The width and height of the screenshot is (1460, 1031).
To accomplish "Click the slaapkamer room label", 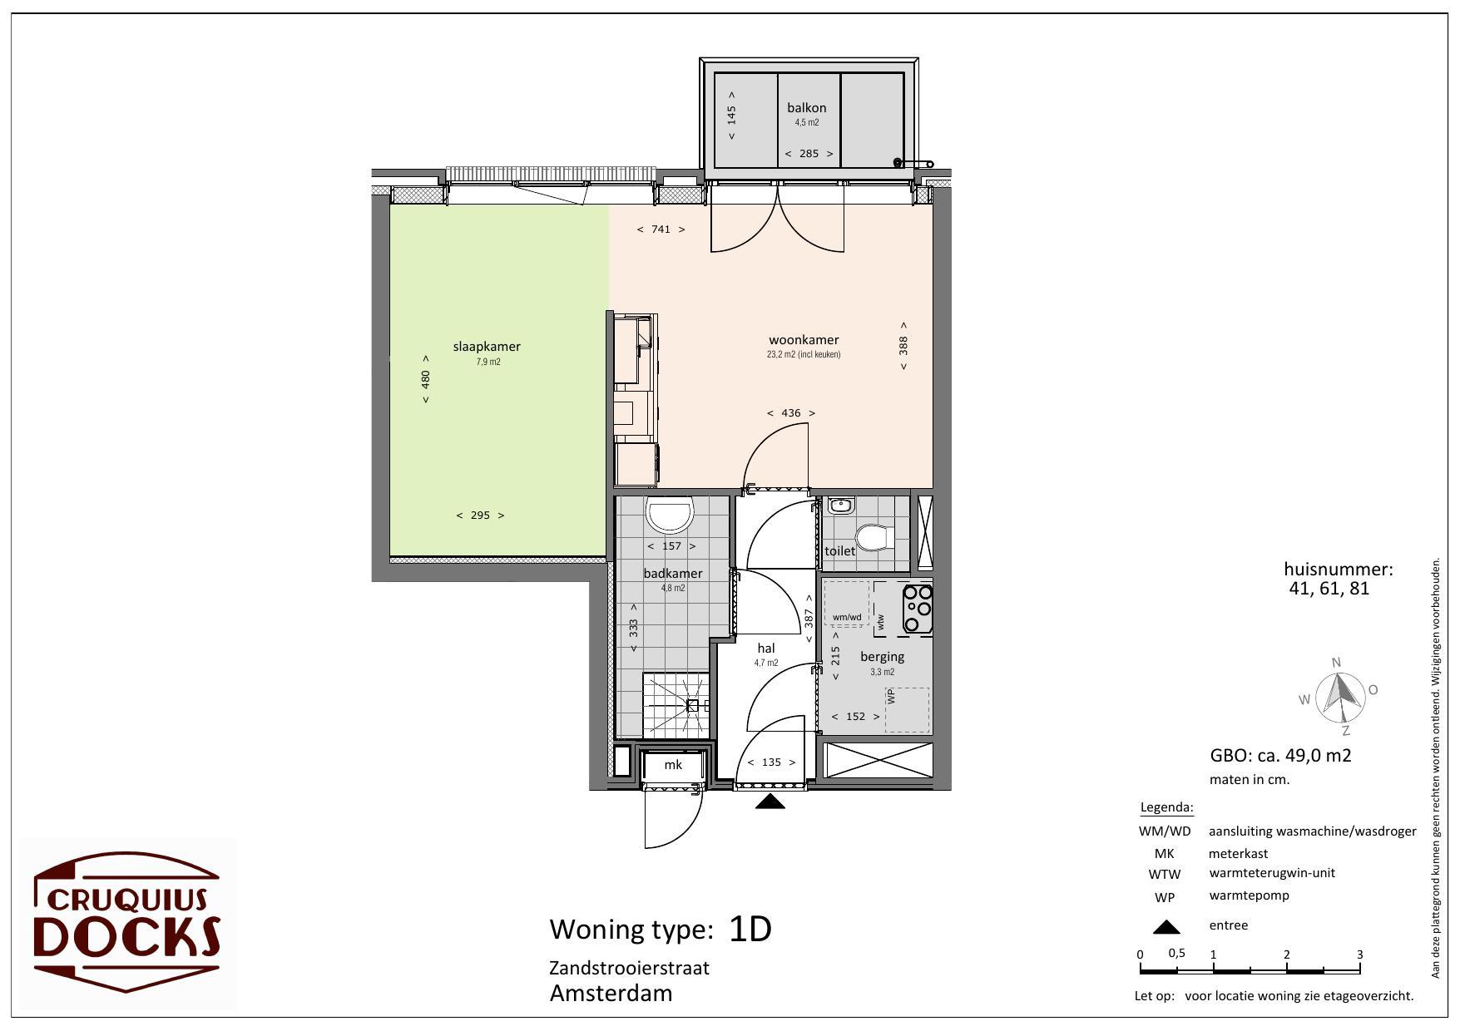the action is point(487,347).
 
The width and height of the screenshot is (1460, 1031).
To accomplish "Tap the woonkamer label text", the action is point(804,339).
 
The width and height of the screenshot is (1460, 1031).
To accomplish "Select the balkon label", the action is point(807,107).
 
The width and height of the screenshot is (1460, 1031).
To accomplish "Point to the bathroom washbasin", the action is point(671,515).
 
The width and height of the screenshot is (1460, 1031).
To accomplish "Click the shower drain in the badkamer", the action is point(692,705).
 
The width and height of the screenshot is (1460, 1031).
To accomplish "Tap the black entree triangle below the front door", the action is point(770,802).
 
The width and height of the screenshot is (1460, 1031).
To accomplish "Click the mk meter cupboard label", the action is point(673,764).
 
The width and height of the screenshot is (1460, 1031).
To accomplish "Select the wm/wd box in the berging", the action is point(846,604).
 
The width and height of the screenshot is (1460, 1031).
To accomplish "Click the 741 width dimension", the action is point(661,229).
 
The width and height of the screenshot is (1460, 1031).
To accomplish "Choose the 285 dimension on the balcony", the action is point(809,153).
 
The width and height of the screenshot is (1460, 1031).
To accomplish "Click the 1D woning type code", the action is point(750,929).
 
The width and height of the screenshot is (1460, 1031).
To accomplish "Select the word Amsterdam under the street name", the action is point(611,993).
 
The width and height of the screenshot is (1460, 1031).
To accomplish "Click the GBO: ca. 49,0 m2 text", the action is point(1280,756).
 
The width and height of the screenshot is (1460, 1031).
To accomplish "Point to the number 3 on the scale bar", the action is point(1360,955).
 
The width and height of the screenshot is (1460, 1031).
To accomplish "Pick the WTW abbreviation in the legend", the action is point(1165,875).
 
